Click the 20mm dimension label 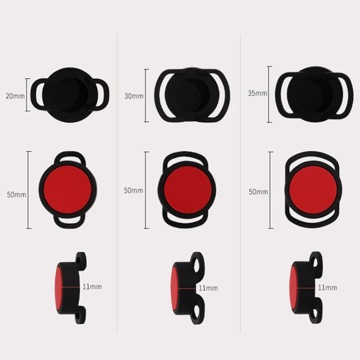(x=15, y=96)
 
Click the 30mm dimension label (x=134, y=96)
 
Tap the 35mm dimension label (x=257, y=93)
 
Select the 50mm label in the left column (x=16, y=194)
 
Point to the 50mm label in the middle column (x=133, y=190)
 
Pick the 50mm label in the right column (x=258, y=192)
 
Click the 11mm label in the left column (x=92, y=287)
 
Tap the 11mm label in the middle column (x=208, y=288)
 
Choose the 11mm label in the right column (x=327, y=288)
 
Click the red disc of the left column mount (x=67, y=190)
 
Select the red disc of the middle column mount (x=188, y=190)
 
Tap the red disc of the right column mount (x=313, y=190)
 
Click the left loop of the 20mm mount (x=34, y=94)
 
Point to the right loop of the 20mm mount (x=106, y=95)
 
